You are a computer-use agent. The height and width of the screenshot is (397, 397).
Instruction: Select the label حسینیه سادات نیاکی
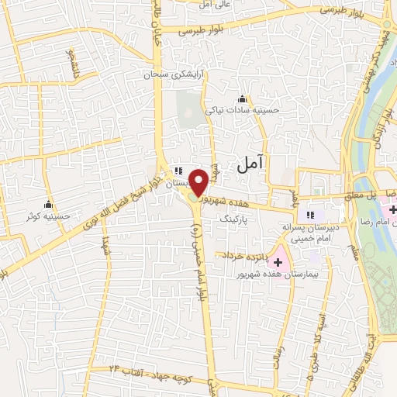(x=237, y=111)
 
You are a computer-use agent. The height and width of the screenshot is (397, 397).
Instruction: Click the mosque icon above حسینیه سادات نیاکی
(x=243, y=98)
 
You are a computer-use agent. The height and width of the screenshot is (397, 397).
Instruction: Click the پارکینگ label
(x=237, y=219)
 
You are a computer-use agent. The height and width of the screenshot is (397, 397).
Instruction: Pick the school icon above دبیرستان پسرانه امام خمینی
(x=311, y=214)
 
